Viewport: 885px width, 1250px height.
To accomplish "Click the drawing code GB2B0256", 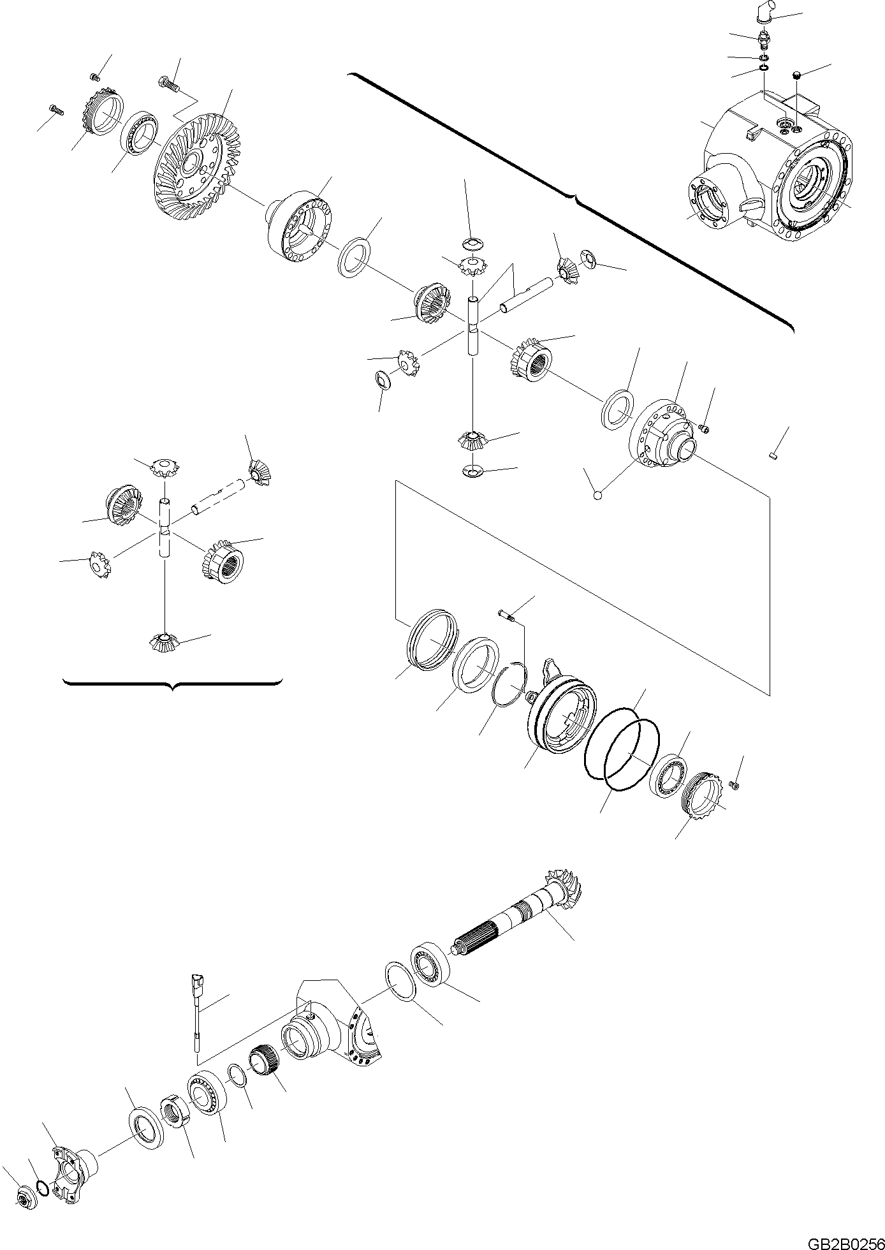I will pyautogui.click(x=845, y=1242).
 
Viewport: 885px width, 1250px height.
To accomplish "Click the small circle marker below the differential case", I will pyautogui.click(x=597, y=494).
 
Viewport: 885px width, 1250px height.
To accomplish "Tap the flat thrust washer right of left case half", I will pyautogui.click(x=354, y=256).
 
